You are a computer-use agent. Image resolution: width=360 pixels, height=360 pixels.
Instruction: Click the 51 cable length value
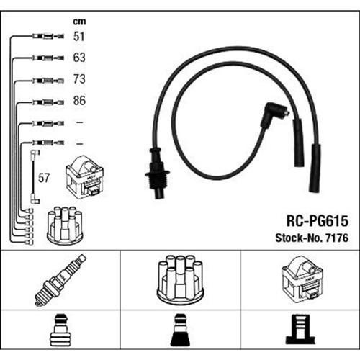coord(79,36)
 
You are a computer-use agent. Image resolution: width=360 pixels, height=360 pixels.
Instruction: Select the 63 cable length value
coord(79,58)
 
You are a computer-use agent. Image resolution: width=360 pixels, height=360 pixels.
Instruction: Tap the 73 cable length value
coord(79,79)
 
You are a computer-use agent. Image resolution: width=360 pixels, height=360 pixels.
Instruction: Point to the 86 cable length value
coord(79,100)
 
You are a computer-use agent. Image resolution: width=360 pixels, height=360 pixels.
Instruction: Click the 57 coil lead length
coord(44,178)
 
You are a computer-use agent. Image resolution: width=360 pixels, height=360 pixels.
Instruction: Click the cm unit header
coord(79,22)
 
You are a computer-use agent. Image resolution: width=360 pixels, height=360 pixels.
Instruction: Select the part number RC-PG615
coord(318,221)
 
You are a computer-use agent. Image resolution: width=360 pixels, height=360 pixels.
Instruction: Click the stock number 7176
coord(336,238)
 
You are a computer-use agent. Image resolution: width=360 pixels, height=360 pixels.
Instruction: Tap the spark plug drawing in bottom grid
coord(60,280)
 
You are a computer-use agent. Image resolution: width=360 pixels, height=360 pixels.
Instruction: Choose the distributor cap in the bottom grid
coord(180,279)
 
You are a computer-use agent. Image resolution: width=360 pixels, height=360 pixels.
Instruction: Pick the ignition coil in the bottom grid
coord(302,279)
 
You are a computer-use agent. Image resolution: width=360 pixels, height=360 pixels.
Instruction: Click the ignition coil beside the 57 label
coord(84,177)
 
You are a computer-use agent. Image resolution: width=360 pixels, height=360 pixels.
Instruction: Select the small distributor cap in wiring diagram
coord(65,225)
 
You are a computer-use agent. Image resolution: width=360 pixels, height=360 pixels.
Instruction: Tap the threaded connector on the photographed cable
coord(157,173)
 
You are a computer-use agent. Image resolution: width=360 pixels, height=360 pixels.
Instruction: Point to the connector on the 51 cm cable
coord(48,37)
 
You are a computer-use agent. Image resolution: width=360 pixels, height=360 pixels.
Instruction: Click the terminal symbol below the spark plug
coord(60,330)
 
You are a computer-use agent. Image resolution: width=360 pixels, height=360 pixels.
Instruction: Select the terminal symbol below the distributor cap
coord(180,330)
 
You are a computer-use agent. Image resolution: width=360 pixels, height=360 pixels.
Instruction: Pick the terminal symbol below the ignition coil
coord(300,330)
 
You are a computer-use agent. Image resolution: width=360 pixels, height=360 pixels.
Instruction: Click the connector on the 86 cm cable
coord(48,103)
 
